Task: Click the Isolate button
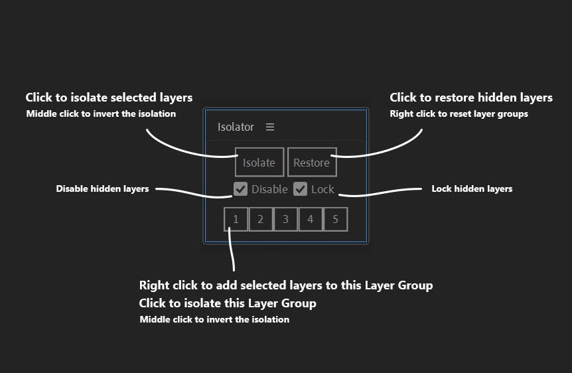pos(259,163)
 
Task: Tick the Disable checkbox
pos(240,189)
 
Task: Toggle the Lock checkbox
pos(300,189)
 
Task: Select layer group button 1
pos(236,219)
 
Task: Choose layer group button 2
pos(261,219)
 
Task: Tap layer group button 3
pos(285,219)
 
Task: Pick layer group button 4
pos(311,219)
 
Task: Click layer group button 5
pos(336,219)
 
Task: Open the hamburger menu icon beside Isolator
pos(270,127)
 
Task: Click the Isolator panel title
pos(236,127)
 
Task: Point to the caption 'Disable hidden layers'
pos(102,188)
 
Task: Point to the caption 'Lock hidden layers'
pos(472,188)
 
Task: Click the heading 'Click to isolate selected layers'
pos(109,98)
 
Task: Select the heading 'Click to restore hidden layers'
pos(471,98)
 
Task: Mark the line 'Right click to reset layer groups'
pos(459,114)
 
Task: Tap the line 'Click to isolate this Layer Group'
pos(228,303)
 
